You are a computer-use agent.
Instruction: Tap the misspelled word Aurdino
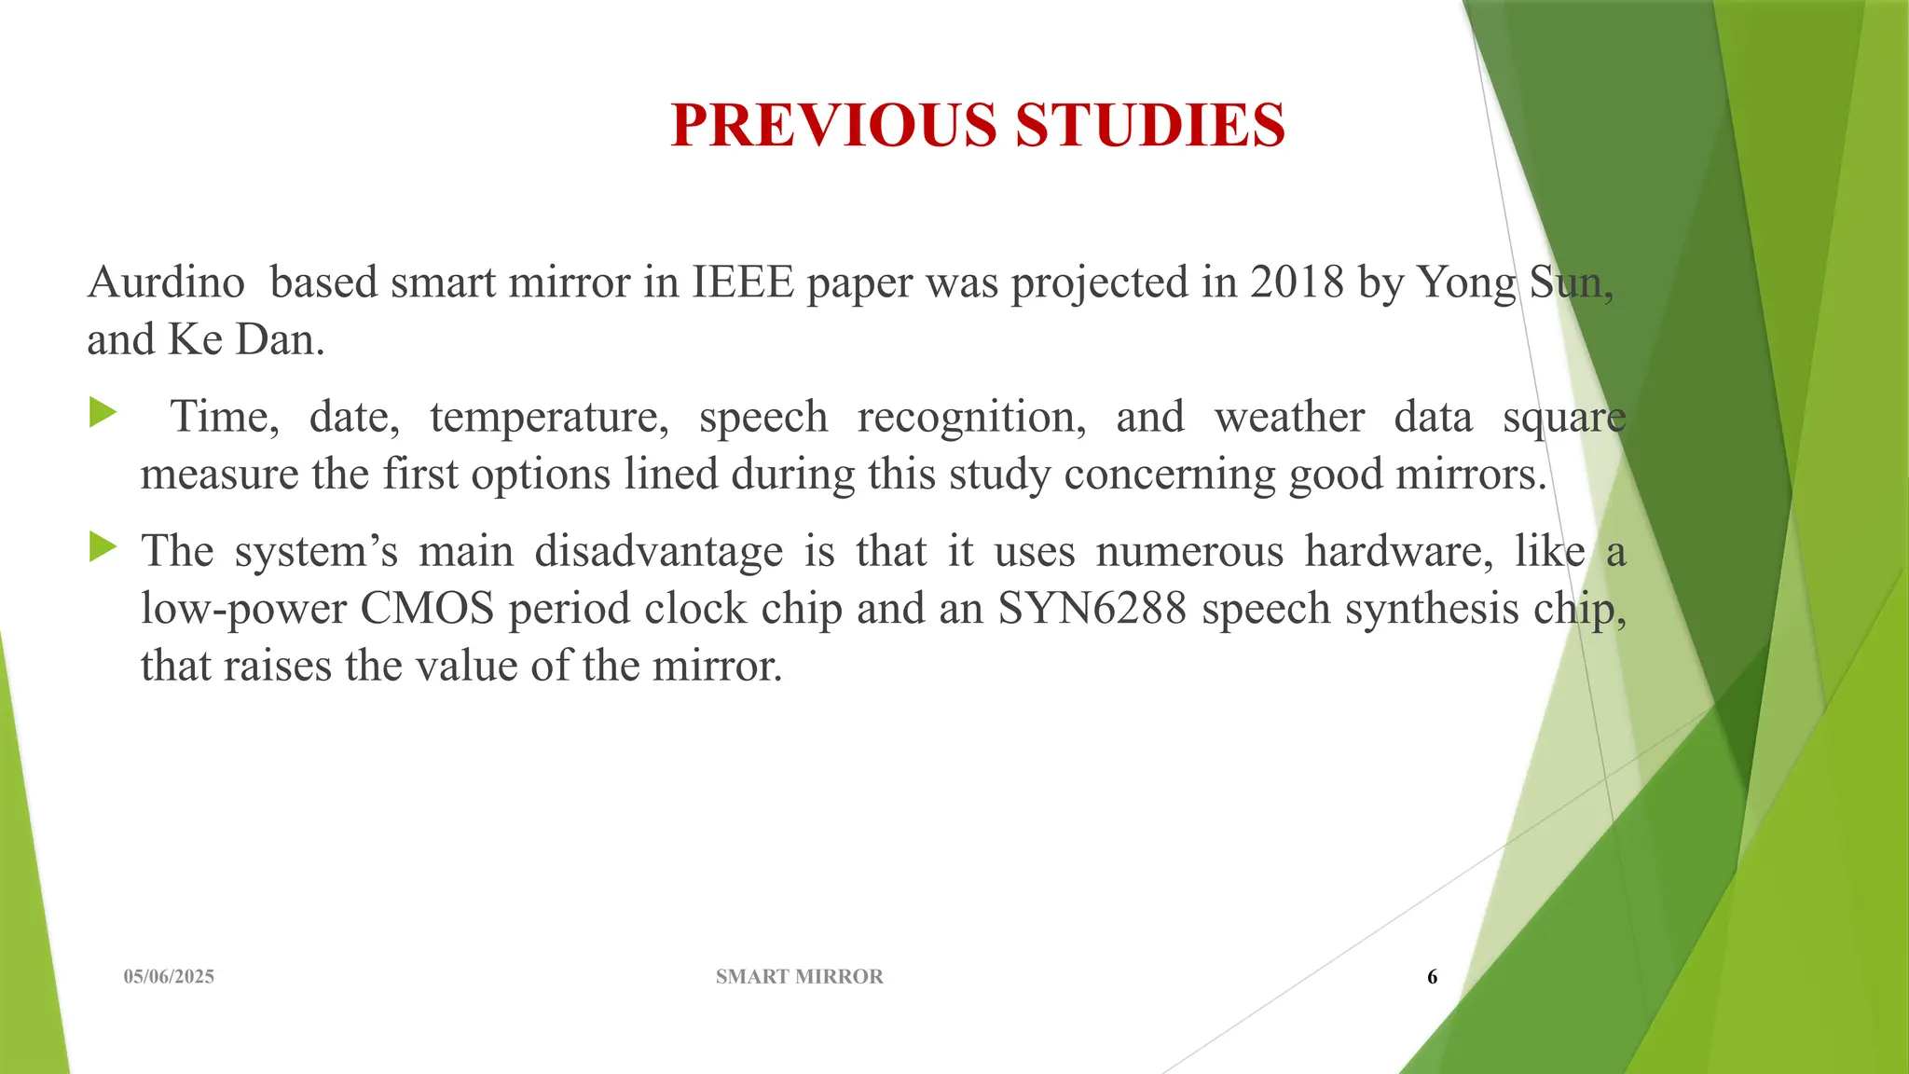click(x=166, y=282)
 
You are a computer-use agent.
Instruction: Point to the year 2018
click(x=1298, y=282)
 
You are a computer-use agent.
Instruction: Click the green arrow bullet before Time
click(x=103, y=412)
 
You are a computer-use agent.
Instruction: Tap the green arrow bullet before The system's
click(x=103, y=546)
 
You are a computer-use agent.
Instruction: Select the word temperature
click(x=549, y=417)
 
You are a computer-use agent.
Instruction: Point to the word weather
click(x=1289, y=417)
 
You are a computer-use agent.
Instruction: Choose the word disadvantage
click(x=658, y=550)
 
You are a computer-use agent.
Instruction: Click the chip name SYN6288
click(x=1092, y=609)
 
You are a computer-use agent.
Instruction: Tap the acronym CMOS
click(x=427, y=609)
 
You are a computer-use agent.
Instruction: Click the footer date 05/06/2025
click(x=169, y=976)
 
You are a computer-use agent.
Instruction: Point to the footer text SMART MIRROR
click(x=799, y=976)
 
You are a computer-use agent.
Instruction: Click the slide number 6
click(x=1432, y=976)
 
